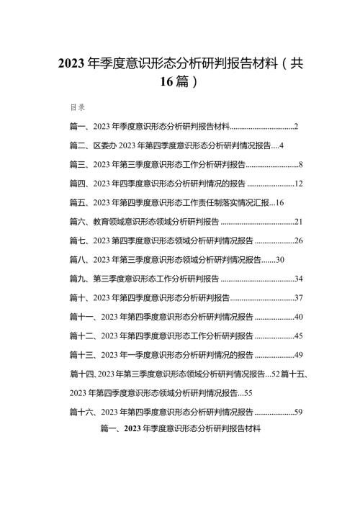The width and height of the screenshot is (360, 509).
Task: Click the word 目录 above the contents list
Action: click(x=78, y=107)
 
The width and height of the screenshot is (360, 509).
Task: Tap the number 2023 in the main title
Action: click(x=71, y=63)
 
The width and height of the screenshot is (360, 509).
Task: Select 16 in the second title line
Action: click(x=166, y=81)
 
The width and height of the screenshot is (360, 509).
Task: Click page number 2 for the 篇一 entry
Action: click(x=296, y=126)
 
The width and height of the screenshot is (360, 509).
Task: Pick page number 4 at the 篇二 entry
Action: click(x=281, y=145)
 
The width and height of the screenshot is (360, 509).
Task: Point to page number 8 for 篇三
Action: click(x=300, y=165)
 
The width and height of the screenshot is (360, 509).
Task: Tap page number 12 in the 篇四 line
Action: click(x=299, y=184)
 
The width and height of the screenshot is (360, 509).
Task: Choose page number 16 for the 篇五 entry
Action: click(x=279, y=203)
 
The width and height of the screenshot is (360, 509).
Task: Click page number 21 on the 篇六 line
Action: click(x=299, y=222)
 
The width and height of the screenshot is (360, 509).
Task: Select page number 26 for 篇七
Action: click(x=299, y=241)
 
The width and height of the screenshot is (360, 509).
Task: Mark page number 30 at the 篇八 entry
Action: click(x=280, y=260)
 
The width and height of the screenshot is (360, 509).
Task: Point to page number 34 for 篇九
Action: click(x=299, y=279)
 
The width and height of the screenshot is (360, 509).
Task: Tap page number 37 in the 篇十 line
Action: click(x=299, y=297)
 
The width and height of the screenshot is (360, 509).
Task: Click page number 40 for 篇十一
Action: click(x=299, y=317)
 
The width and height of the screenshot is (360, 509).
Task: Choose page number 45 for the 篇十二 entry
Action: click(x=299, y=336)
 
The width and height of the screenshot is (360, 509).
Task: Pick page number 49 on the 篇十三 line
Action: click(x=299, y=355)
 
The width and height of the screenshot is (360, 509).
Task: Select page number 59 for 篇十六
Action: click(x=299, y=412)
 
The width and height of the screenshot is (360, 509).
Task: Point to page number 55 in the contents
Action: click(x=248, y=393)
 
